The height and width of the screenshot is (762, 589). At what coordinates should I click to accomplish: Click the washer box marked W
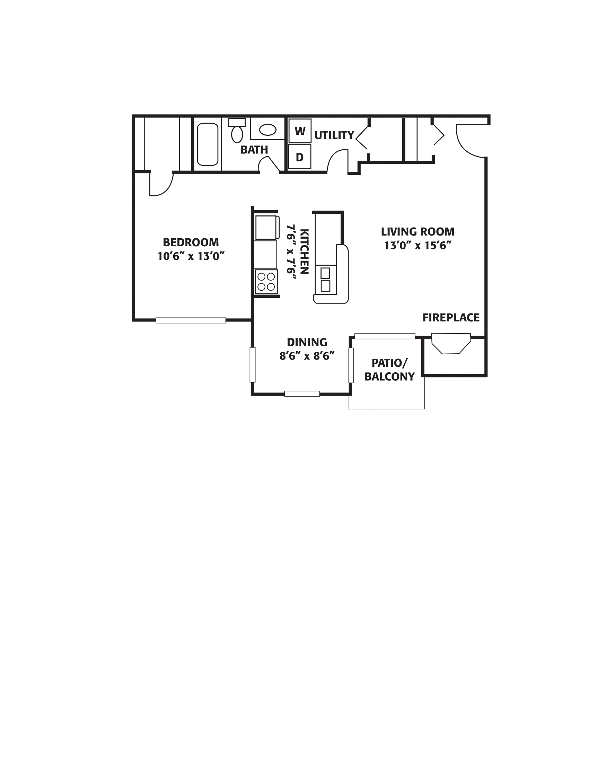click(300, 131)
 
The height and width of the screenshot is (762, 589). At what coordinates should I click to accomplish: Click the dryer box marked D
click(300, 157)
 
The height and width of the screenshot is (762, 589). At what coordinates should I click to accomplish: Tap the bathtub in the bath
click(208, 144)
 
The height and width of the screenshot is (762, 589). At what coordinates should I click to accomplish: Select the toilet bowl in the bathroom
click(237, 134)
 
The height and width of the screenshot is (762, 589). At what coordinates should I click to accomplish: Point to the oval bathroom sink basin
click(267, 130)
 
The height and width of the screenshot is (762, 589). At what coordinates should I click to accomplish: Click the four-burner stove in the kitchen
click(266, 282)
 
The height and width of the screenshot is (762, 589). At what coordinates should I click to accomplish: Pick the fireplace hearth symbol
click(451, 344)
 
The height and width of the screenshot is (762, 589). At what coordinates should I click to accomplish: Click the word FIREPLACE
click(451, 318)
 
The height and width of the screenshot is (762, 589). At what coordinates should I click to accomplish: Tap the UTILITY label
click(334, 135)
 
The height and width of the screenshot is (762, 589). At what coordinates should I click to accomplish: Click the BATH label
click(254, 150)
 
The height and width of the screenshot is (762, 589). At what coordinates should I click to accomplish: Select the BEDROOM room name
click(191, 242)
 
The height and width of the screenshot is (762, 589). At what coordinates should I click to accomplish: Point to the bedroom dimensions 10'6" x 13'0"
click(191, 256)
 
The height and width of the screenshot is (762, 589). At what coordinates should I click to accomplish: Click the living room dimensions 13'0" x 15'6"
click(418, 246)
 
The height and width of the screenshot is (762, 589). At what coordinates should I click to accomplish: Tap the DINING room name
click(307, 342)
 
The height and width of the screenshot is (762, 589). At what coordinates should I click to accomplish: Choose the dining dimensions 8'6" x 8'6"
click(307, 356)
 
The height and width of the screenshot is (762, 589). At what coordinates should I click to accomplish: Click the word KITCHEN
click(304, 251)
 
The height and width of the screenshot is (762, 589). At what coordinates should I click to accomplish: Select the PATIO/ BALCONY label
click(389, 370)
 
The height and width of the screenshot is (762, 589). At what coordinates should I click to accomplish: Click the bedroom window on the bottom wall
click(191, 320)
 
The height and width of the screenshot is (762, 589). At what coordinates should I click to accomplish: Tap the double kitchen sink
click(326, 280)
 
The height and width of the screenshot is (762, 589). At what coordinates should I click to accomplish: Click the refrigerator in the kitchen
click(267, 228)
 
